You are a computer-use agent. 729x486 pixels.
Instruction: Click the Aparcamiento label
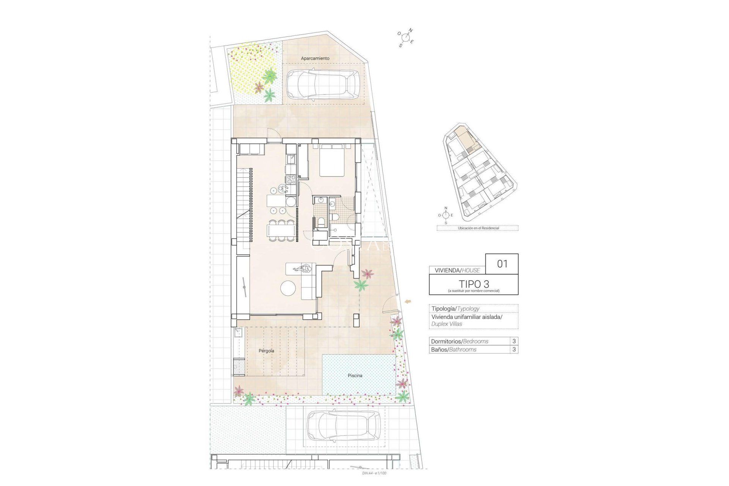point(315,58)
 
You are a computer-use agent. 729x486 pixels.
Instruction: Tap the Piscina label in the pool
point(355,376)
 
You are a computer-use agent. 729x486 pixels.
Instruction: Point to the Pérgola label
point(266,351)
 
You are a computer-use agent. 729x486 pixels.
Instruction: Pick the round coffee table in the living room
point(288,288)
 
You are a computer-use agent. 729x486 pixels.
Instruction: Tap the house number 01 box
point(502,264)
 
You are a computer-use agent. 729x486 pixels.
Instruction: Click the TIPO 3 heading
point(473,284)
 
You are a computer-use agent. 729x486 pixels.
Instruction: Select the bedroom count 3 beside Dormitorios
point(514,341)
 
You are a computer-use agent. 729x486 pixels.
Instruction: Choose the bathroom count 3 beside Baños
point(514,349)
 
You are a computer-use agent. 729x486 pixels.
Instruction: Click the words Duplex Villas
point(447,324)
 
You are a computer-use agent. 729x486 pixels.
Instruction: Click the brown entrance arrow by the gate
point(409,301)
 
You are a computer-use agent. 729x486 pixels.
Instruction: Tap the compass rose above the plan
point(406,37)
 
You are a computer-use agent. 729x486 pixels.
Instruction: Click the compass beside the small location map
point(446,215)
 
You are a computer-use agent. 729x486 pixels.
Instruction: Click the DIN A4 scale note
point(374,473)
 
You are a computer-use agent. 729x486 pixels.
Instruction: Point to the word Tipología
point(443,309)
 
